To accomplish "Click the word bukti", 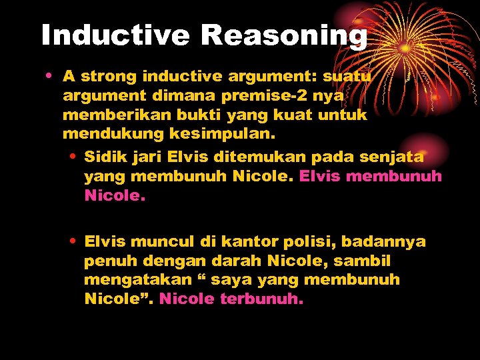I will tap(202, 115).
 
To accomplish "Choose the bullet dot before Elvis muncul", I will tap(72, 241).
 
